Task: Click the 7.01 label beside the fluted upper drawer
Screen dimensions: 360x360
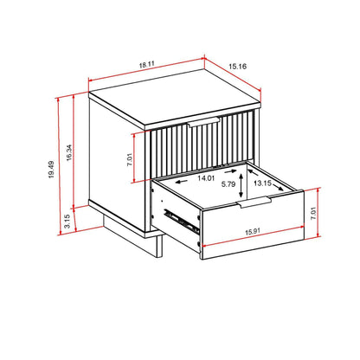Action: [x=127, y=159]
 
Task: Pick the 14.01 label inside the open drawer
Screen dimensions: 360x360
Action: [x=205, y=179]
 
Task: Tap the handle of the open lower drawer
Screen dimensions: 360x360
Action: [x=254, y=203]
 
